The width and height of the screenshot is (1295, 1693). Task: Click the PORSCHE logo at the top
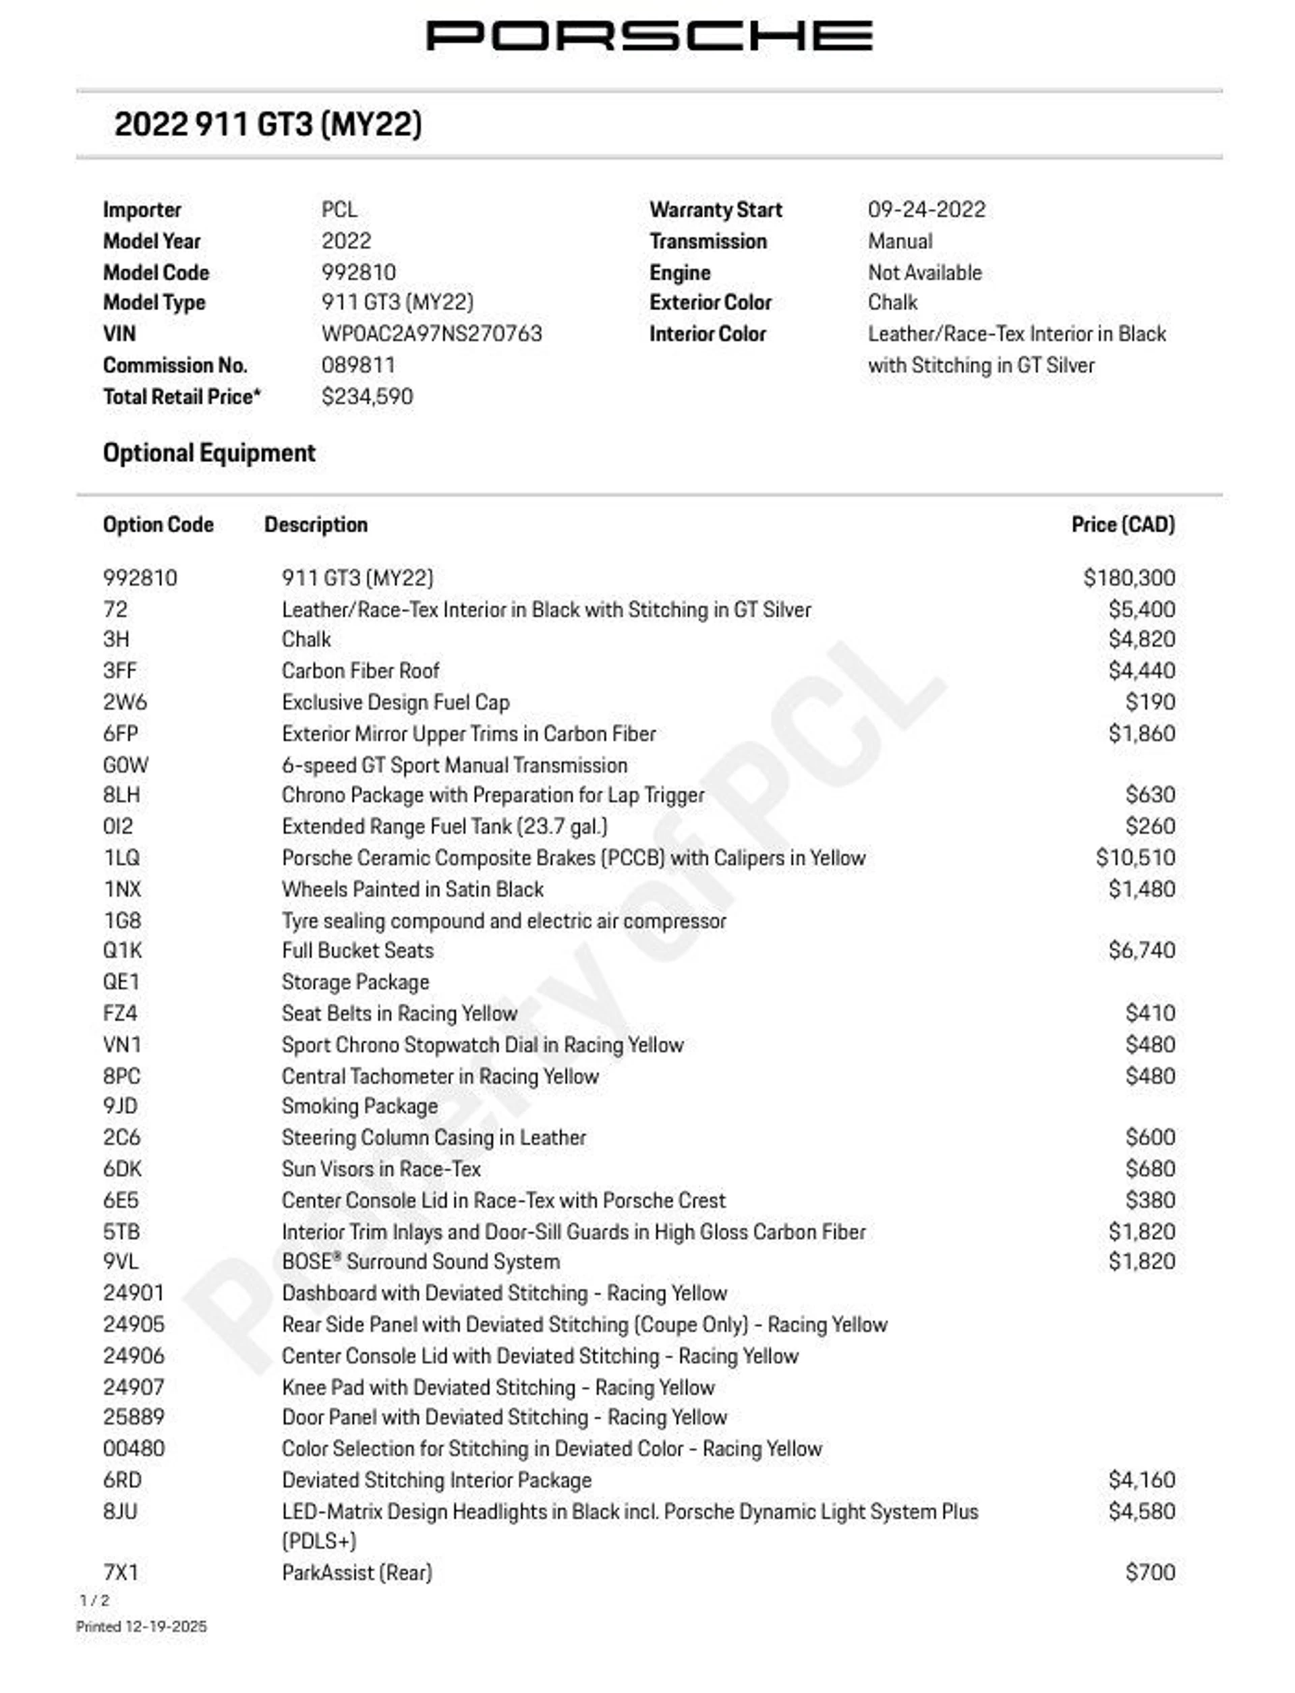click(x=649, y=36)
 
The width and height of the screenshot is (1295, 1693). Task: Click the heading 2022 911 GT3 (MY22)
click(x=268, y=124)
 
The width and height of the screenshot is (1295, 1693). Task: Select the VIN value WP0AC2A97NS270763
click(x=432, y=334)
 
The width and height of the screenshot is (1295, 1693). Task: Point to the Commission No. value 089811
click(x=357, y=365)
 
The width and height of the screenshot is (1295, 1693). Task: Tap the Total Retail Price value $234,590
click(x=367, y=397)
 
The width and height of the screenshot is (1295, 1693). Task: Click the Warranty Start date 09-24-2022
click(x=926, y=210)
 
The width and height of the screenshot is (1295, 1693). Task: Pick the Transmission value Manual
click(x=900, y=241)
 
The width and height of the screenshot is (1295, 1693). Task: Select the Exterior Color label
click(x=710, y=303)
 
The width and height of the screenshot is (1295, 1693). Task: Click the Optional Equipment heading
click(x=209, y=453)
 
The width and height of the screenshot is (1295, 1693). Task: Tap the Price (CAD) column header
click(x=1122, y=525)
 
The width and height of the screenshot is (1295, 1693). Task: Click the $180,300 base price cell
click(x=1128, y=578)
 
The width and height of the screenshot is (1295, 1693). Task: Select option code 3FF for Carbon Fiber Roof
click(x=119, y=670)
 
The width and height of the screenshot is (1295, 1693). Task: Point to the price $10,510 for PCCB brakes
click(x=1134, y=858)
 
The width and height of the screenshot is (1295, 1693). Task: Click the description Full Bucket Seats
click(x=357, y=950)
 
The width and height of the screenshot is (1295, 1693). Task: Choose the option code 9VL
click(x=121, y=1261)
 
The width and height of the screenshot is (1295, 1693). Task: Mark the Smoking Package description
click(x=359, y=1106)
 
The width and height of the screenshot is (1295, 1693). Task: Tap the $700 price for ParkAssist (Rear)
click(x=1149, y=1572)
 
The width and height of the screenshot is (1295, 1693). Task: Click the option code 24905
click(x=134, y=1324)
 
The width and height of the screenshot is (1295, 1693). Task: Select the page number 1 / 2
click(x=94, y=1601)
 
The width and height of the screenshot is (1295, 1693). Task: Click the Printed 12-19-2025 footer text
click(x=141, y=1627)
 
